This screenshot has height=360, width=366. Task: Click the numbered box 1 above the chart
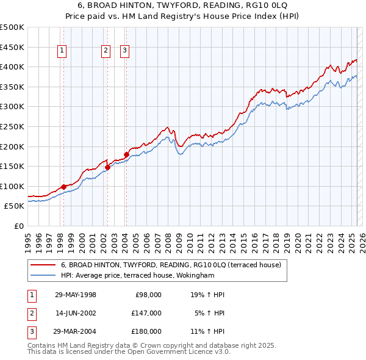click(x=63, y=51)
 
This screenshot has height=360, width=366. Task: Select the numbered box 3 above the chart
click(x=125, y=51)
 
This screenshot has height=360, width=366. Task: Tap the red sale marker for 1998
click(x=63, y=187)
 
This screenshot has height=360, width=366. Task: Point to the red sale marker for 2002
click(x=107, y=167)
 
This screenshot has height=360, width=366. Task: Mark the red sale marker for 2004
click(x=126, y=154)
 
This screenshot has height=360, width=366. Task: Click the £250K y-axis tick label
click(x=12, y=126)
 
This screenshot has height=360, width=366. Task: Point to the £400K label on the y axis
click(x=12, y=67)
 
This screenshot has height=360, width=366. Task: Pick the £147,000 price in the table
click(x=146, y=313)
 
